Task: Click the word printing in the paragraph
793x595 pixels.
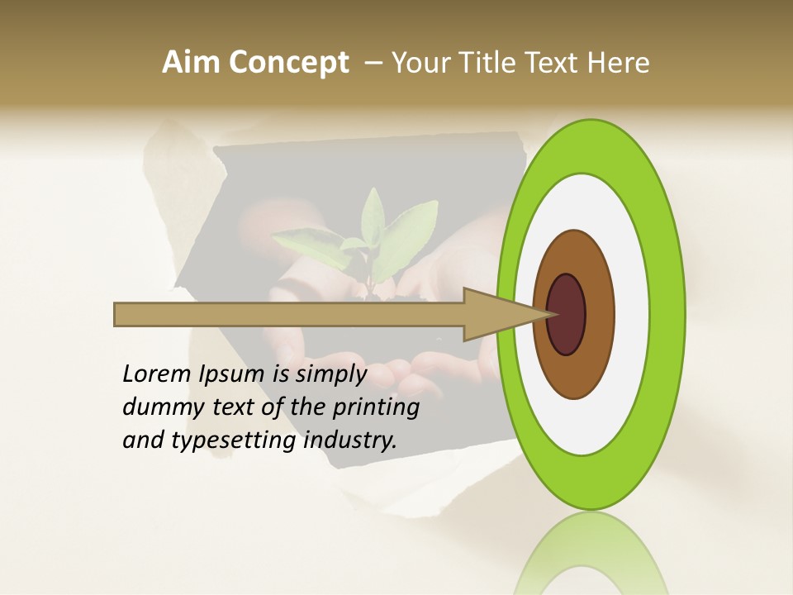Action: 377,408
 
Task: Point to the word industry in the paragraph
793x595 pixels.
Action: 350,440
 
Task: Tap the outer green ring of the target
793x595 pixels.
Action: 667,315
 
